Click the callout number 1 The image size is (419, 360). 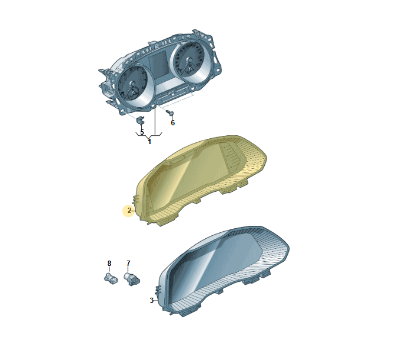tap(149, 142)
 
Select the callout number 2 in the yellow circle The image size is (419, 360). tap(129, 211)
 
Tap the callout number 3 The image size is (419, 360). tap(152, 301)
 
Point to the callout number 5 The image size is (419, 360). tap(142, 132)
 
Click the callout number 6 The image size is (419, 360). tap(173, 122)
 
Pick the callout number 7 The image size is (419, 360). tap(128, 264)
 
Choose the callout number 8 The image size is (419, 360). tap(109, 264)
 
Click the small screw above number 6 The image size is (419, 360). tap(170, 113)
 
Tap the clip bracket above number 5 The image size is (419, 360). tap(140, 121)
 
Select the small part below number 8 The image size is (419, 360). tap(111, 278)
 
